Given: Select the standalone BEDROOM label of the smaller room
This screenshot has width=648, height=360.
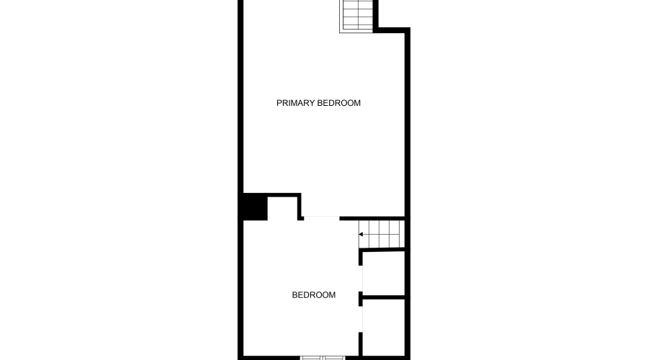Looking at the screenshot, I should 313,294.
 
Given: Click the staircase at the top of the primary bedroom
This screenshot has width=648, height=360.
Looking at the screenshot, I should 357,15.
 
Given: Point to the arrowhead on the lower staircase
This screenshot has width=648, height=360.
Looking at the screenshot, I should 361,234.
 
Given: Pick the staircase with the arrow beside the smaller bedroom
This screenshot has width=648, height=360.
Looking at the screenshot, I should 382,234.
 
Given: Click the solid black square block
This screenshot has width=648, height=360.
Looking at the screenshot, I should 254,207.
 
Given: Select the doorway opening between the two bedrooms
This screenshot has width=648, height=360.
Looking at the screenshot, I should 320,217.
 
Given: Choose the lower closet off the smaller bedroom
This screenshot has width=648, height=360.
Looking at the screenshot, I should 384,328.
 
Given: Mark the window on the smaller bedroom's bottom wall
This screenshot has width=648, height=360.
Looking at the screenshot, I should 323,356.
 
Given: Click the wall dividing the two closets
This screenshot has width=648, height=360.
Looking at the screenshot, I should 383,296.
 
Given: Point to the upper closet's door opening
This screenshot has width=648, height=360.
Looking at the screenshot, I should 361,275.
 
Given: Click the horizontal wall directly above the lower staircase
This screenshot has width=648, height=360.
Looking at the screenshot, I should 372,217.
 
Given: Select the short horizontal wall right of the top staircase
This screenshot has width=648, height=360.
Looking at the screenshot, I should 392,30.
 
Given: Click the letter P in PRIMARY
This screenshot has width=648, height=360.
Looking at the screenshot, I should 279,103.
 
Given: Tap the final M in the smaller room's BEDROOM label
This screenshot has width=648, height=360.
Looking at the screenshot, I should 332,294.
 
